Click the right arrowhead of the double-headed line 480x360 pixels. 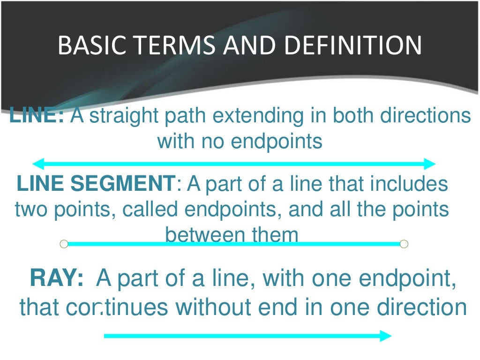tap(430, 164)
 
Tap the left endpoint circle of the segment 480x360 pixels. tap(64, 244)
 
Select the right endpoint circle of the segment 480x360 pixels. tap(404, 244)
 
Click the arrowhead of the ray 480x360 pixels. tap(385, 336)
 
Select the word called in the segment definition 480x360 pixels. tap(150, 210)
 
